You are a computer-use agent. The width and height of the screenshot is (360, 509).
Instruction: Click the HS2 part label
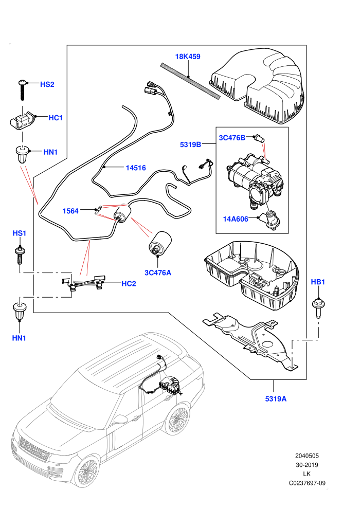[x=47, y=84]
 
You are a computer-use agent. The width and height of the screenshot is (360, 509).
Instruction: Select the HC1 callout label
[x=56, y=118]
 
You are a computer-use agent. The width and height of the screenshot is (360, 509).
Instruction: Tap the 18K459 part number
[x=188, y=57]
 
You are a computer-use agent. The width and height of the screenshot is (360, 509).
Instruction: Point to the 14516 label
[x=136, y=168]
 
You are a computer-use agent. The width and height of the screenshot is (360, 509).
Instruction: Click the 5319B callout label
[x=191, y=144]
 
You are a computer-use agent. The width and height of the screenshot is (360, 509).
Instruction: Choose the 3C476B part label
[x=232, y=138]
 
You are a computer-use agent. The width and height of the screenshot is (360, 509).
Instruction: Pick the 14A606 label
[x=236, y=219]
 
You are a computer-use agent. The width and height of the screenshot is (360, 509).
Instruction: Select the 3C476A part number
[x=158, y=272]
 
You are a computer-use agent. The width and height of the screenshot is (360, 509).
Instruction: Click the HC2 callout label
[x=129, y=284]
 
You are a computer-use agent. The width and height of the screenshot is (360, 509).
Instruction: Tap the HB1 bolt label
[x=318, y=282]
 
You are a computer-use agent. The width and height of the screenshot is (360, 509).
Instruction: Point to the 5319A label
[x=276, y=398]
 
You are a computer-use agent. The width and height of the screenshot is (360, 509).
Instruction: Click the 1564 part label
[x=70, y=211]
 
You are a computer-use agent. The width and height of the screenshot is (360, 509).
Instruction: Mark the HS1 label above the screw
[x=19, y=233]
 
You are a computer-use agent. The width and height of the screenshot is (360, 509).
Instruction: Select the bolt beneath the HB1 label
[x=317, y=308]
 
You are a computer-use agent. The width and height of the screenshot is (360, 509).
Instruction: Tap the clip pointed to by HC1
[x=23, y=120]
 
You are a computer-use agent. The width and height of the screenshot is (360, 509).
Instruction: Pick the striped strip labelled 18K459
[x=190, y=81]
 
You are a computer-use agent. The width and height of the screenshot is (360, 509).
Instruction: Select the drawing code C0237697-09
[x=307, y=483]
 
